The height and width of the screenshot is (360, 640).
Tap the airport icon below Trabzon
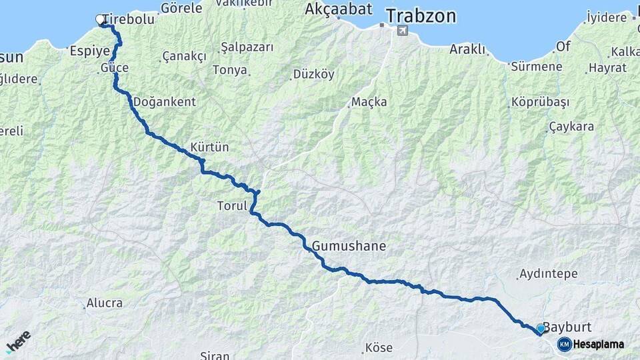[x=401, y=30]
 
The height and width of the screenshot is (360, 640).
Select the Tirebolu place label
[x=129, y=19]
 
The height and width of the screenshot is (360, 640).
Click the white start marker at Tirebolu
[x=101, y=20]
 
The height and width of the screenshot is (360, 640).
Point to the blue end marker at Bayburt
[x=540, y=329]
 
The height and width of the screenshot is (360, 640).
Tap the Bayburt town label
[x=567, y=327]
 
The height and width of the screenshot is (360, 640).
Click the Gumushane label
[x=349, y=246]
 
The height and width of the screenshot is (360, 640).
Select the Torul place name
[x=232, y=206]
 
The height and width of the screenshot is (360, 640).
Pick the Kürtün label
[x=209, y=147]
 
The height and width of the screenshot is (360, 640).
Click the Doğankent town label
[x=164, y=102]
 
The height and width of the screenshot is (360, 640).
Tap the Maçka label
[x=369, y=102]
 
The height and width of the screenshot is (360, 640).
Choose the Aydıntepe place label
[x=548, y=273]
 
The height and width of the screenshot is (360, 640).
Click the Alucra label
[x=104, y=303]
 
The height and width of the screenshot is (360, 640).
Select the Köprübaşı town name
[x=540, y=102]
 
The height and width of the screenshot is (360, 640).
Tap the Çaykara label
[x=571, y=127]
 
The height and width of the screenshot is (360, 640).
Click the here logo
[x=18, y=341]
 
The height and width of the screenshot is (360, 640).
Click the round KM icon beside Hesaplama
[x=564, y=344]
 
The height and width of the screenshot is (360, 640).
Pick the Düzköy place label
[x=313, y=75]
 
